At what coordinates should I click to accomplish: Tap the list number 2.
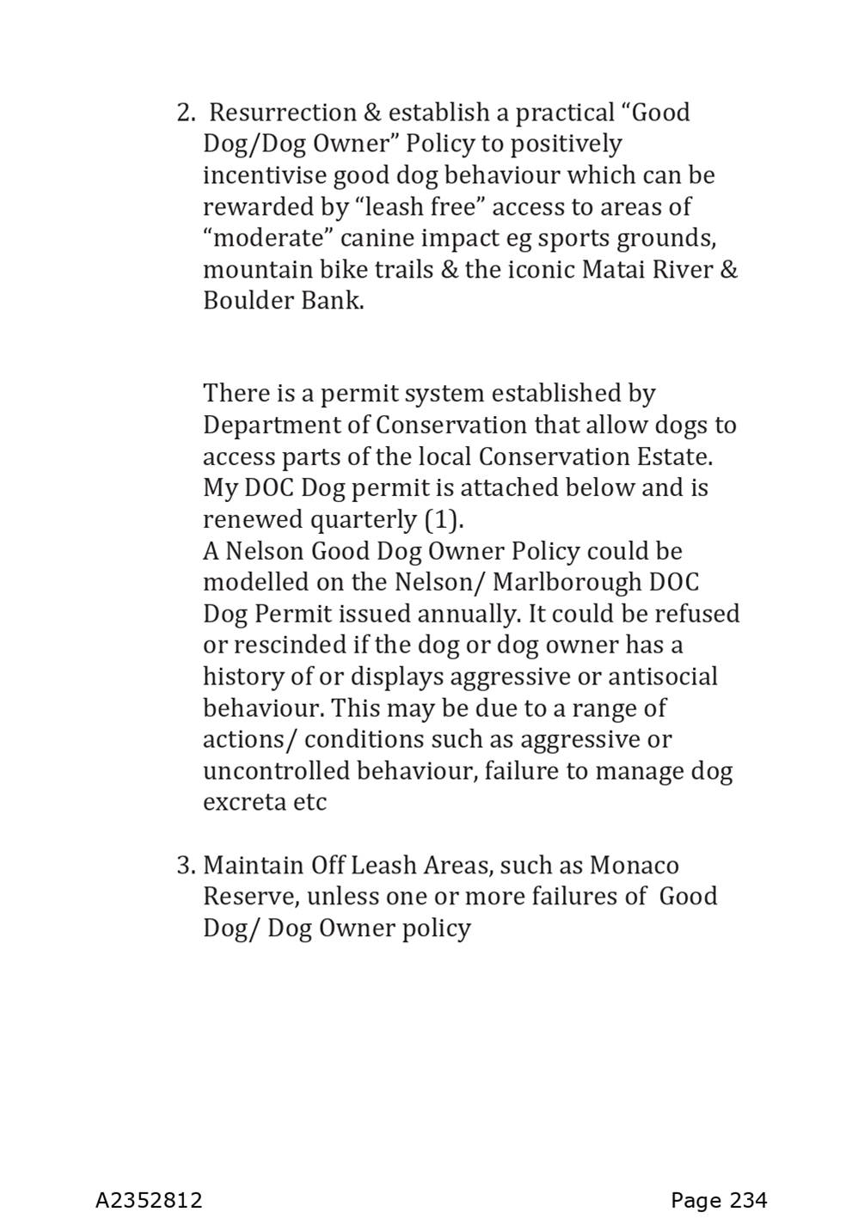click(186, 113)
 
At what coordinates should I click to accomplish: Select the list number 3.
click(186, 866)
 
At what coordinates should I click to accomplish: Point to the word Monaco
click(634, 866)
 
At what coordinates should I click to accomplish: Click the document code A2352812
click(149, 1200)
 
